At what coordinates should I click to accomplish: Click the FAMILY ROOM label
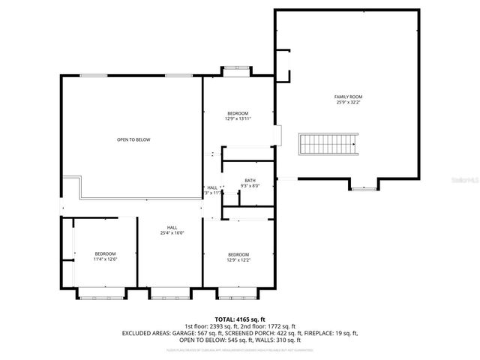coord(348,97)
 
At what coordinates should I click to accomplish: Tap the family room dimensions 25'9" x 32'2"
coord(348,103)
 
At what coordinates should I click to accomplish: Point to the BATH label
coord(250,180)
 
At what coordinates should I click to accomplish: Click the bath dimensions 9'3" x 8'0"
coord(250,186)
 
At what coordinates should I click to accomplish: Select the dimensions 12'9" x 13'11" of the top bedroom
coord(238,118)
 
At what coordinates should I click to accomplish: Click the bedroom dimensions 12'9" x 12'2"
coord(238,260)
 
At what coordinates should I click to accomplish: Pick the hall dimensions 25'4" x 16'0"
coord(172,233)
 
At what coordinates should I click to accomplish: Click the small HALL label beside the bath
coord(212,187)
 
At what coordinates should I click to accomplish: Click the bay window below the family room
coord(363,187)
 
